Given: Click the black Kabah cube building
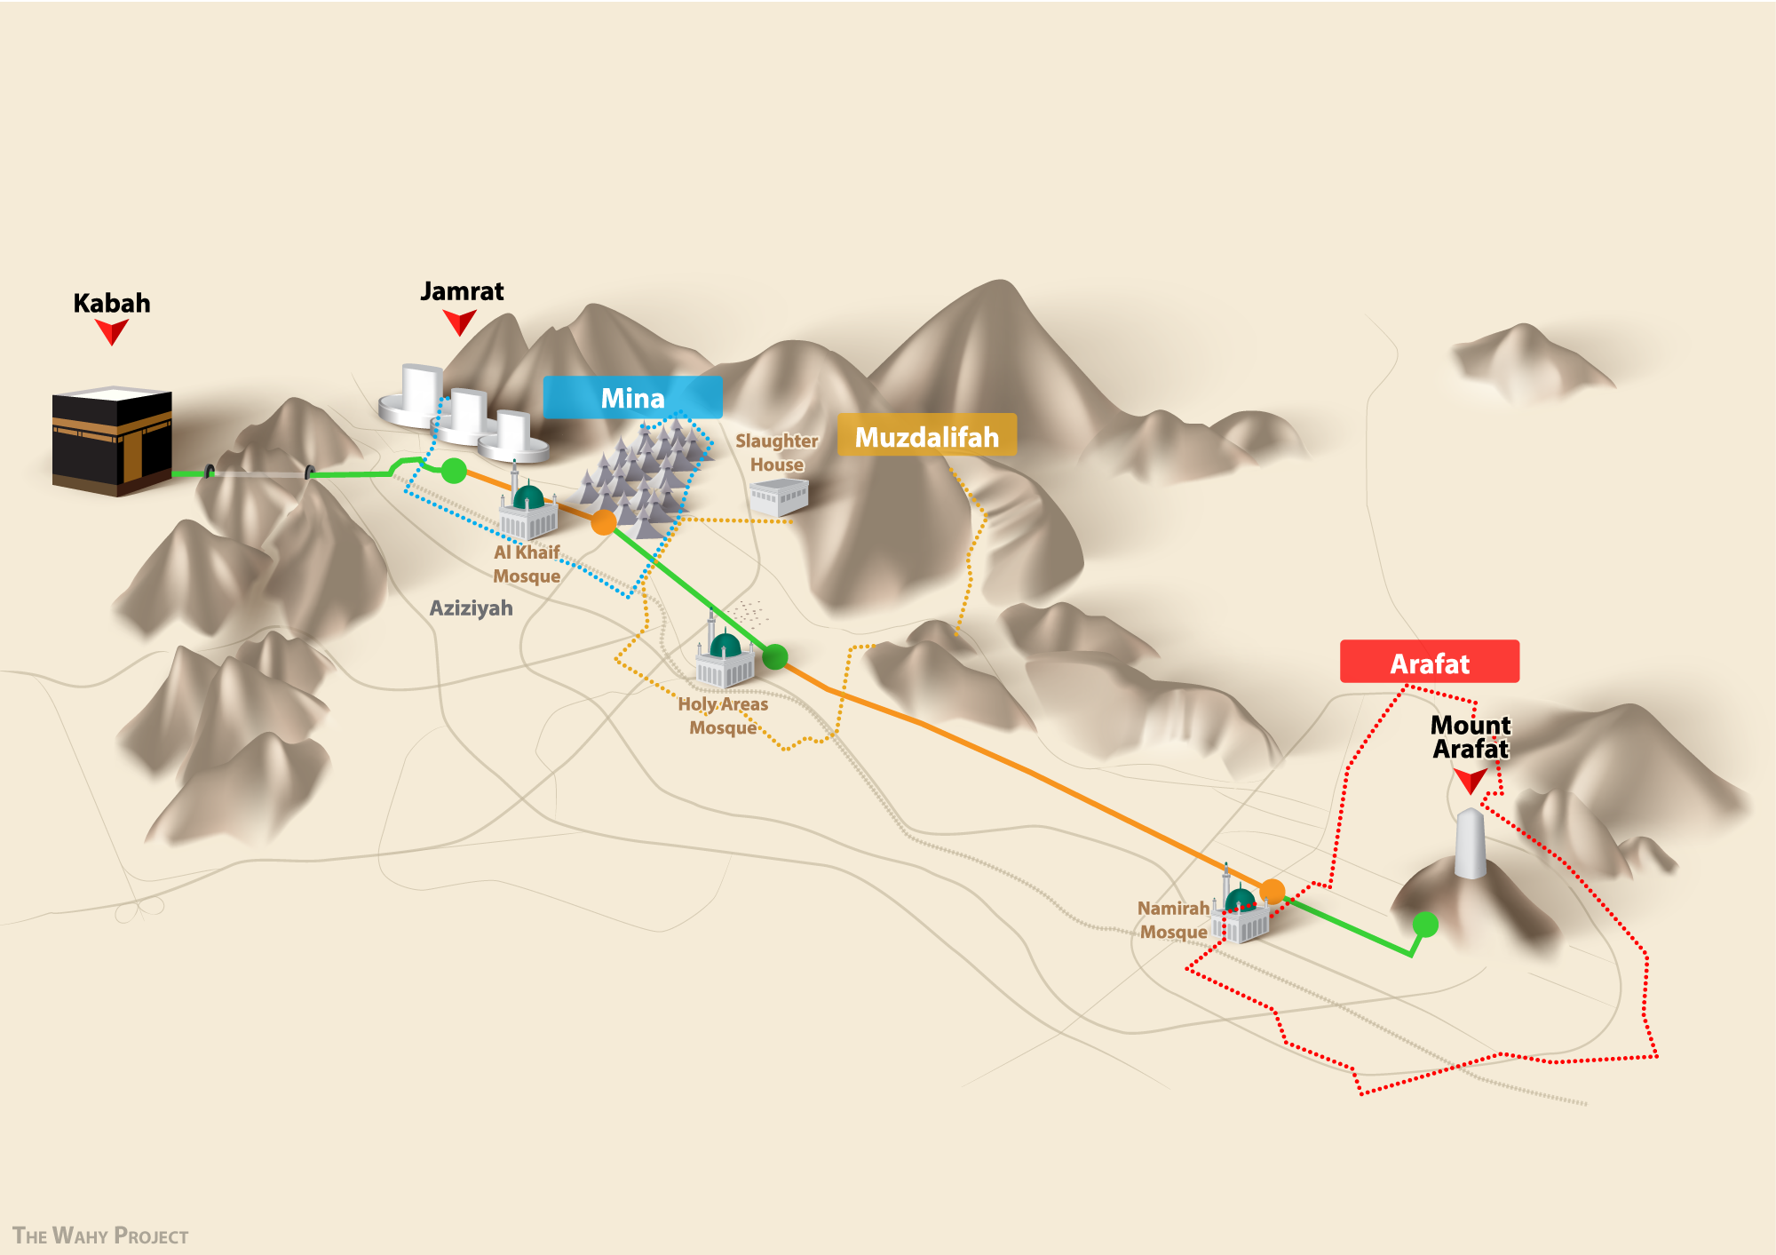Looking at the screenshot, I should point(112,441).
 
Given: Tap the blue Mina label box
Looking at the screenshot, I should point(632,397).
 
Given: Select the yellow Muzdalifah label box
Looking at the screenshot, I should point(926,435).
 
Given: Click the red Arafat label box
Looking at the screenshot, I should point(1429,662).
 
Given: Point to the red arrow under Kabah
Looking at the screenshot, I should point(112,331).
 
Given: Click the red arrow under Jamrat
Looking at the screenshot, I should point(459,321).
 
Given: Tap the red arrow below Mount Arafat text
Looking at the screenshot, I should point(1471,780).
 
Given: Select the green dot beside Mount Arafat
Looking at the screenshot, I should point(1425,925).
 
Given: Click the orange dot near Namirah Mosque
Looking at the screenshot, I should point(1272,891).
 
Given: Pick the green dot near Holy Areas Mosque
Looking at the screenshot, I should point(775,657).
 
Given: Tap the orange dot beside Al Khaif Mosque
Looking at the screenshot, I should point(604,522).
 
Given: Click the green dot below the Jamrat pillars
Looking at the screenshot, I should point(454,471).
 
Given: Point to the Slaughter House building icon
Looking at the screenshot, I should point(779,496).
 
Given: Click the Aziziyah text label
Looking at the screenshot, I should point(471,608).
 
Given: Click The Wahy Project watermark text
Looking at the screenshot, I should point(100,1235).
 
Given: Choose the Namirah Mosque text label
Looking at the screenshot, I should point(1173,920).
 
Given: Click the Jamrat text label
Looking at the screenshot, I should point(462,291).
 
